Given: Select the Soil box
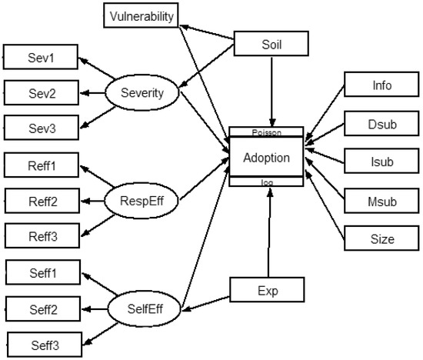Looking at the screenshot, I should (271, 45).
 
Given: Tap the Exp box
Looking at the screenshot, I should (268, 291).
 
